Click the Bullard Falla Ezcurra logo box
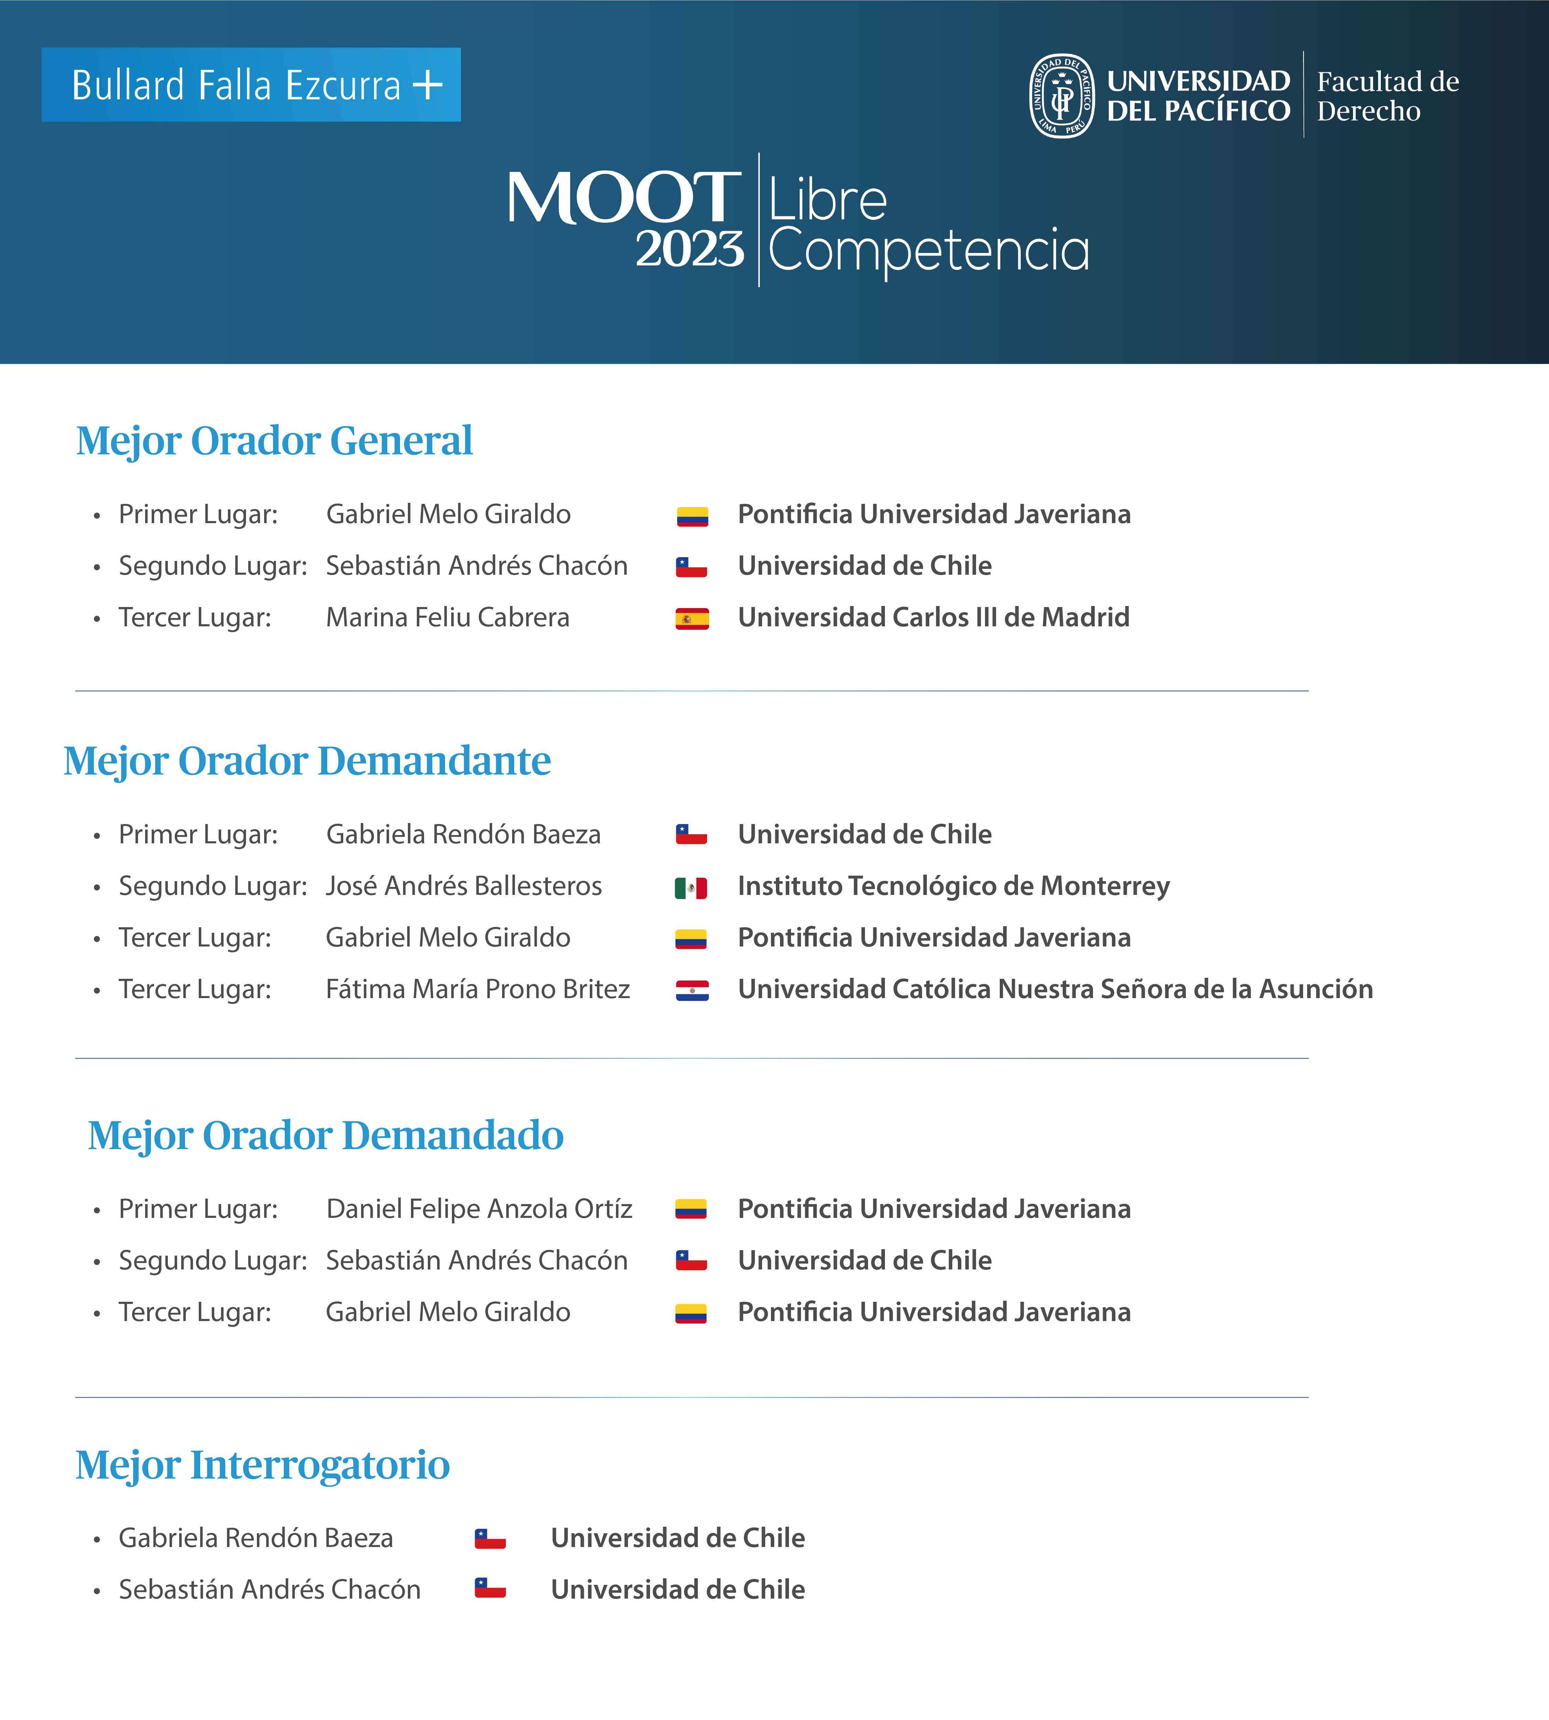coord(251,84)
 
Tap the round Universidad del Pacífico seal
coord(1061,95)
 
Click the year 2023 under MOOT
coord(690,249)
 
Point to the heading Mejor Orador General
coord(274,441)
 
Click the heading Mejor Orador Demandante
coord(307,761)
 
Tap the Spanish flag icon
coord(692,619)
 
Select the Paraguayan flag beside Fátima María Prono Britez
coord(692,991)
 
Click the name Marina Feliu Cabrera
coord(448,617)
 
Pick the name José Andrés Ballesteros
coord(464,886)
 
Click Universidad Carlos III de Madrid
coord(934,617)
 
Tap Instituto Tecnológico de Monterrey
coord(953,886)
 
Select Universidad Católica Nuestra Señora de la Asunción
coord(1055,989)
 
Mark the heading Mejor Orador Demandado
coord(326,1135)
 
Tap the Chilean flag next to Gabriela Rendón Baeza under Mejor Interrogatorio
coord(490,1539)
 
